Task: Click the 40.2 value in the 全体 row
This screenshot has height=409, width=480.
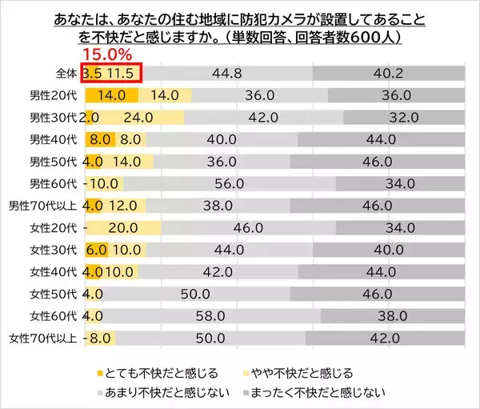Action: coord(390,74)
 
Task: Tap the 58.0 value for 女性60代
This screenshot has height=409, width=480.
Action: coord(229,315)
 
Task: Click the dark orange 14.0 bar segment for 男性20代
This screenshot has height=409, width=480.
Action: coord(110,95)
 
